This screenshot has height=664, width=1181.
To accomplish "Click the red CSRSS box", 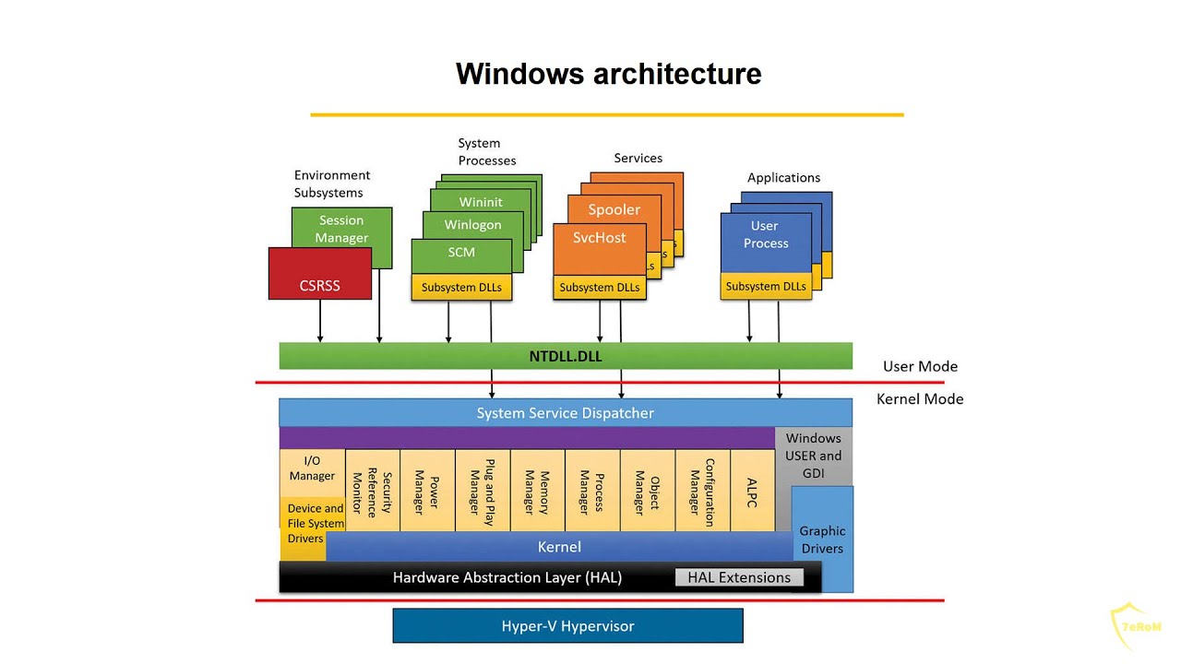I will coord(320,284).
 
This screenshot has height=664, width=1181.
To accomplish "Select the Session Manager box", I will coord(341,228).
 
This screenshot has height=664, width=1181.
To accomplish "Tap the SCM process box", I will coord(461,253).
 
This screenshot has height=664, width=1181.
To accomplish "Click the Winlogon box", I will coord(472,225).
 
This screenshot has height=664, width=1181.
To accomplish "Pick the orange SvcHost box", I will coord(599,238).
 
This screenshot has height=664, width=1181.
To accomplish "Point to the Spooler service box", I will coord(614,209).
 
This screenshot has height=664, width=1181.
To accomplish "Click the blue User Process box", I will coord(765,235).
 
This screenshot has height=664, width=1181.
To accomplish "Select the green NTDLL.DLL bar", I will coord(565,356).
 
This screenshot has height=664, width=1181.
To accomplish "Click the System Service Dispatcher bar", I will coord(565,413).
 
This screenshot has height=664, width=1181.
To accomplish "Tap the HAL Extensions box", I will coord(739,577).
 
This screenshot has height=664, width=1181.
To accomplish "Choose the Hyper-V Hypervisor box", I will coord(567,626).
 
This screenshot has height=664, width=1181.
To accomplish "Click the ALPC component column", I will coord(752,491).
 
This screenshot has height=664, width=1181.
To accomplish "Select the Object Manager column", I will coord(647,491).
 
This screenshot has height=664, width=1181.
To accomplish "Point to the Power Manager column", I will coord(427,491).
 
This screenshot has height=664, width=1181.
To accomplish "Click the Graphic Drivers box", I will coord(823,539).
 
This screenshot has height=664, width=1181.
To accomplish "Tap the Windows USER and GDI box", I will coord(813,455).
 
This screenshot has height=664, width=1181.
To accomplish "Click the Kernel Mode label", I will coord(919,399).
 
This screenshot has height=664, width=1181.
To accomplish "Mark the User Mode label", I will coord(919,366).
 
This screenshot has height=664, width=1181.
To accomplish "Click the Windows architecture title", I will coord(608,74).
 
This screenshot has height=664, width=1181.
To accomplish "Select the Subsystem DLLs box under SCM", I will coord(461,287).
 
